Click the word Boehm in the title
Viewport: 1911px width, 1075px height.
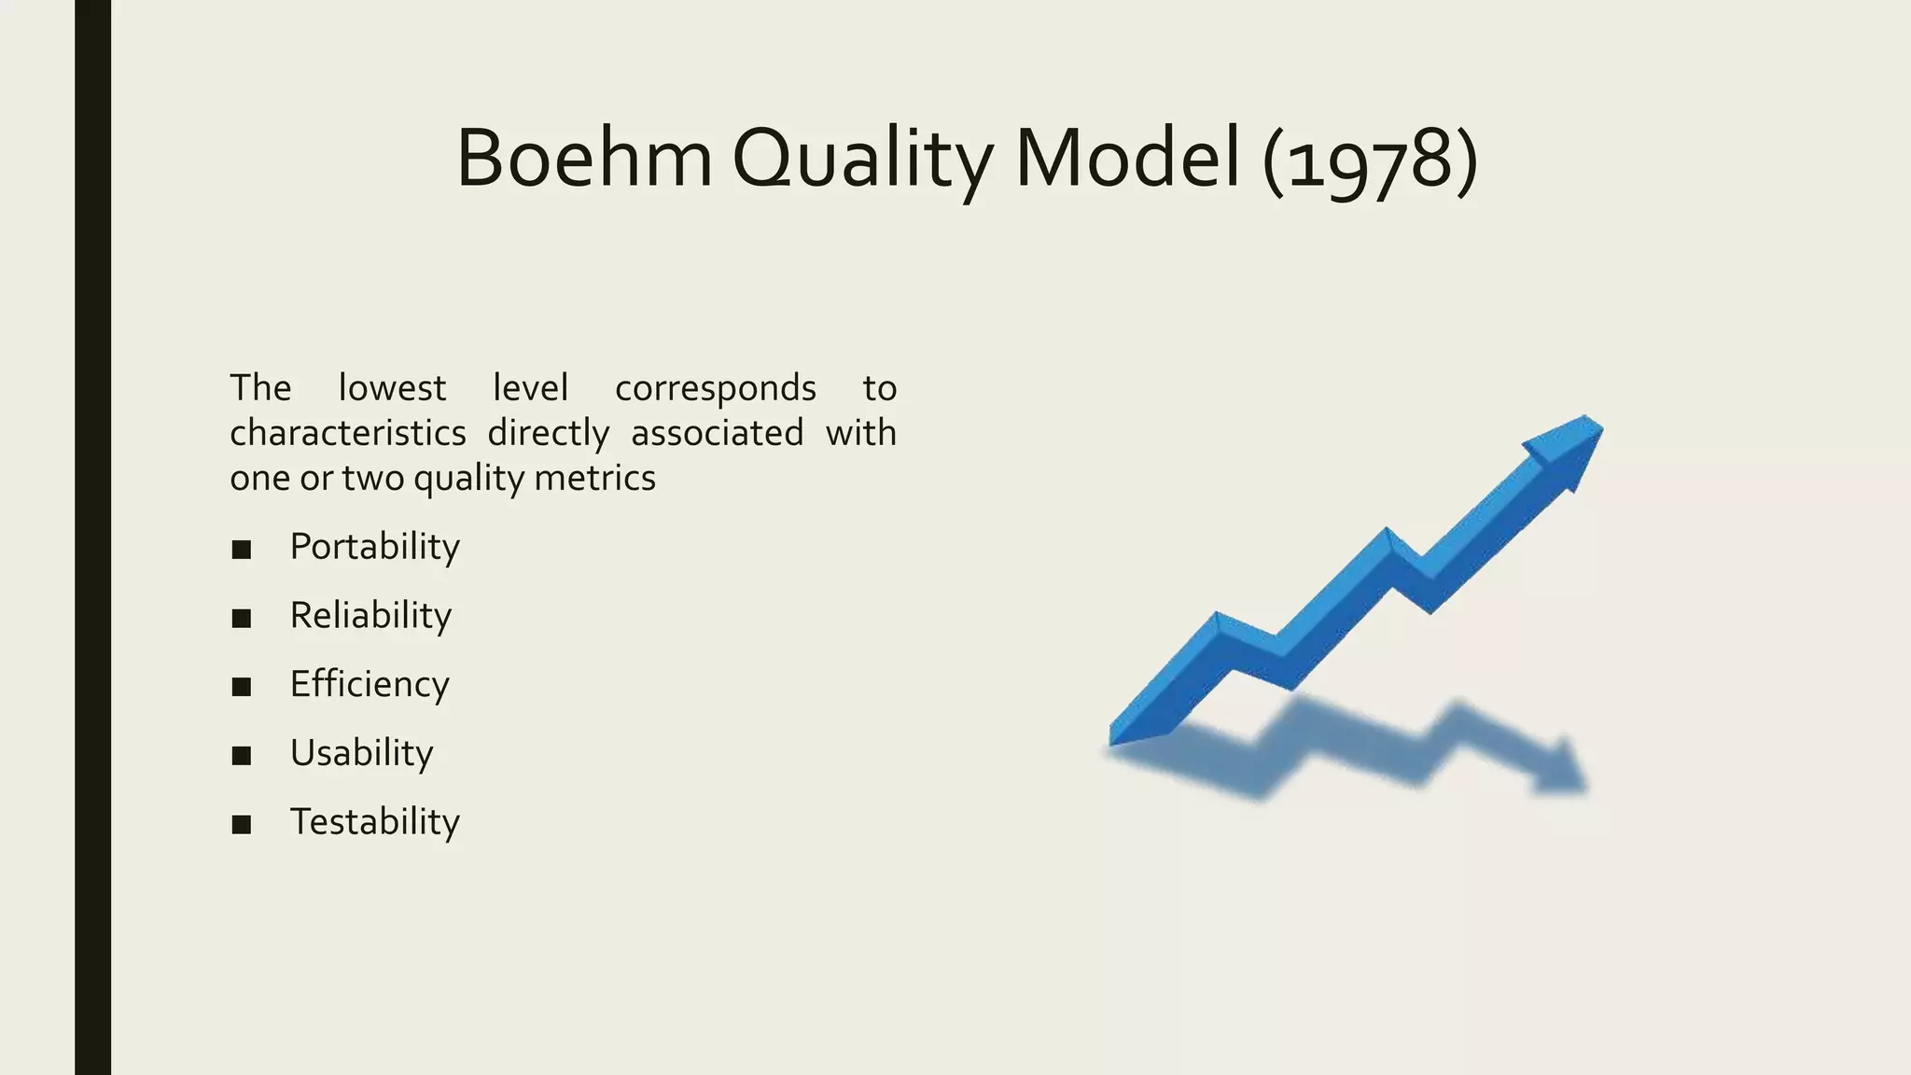[x=584, y=159]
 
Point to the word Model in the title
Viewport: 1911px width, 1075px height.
[x=1127, y=159]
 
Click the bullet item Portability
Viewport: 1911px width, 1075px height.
[x=374, y=547]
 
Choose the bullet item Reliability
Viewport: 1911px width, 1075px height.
[x=370, y=616]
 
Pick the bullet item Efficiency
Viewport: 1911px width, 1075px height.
[x=370, y=685]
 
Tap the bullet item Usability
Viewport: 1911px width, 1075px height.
[x=361, y=753]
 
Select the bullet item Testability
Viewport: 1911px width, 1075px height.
[x=374, y=822]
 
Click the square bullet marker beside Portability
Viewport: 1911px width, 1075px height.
[x=242, y=550]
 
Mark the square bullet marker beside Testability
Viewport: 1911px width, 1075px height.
[x=242, y=825]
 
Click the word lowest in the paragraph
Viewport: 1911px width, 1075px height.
[x=392, y=388]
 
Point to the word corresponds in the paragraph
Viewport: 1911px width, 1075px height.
[x=715, y=389]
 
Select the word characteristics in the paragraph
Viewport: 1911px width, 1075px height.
[x=348, y=433]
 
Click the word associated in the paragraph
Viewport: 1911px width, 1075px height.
[x=717, y=433]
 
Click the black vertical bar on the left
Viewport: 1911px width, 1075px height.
[x=92, y=537]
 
